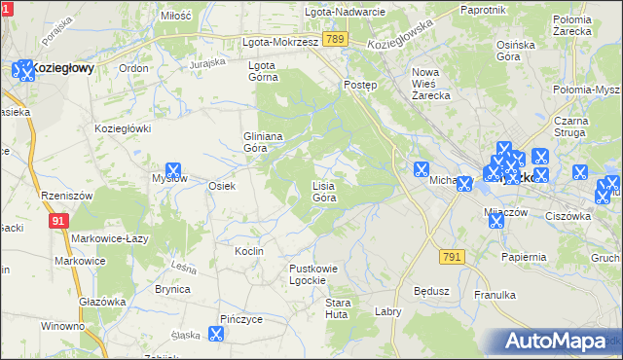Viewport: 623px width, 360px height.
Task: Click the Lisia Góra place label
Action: (x=324, y=191)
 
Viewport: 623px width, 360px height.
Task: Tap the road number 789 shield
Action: (x=336, y=39)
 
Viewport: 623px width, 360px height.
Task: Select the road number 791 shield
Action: (x=451, y=256)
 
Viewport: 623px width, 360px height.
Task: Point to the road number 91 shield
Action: (x=58, y=221)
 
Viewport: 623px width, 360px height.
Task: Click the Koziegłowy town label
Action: (x=62, y=68)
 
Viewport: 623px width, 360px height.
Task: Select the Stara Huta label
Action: (x=337, y=308)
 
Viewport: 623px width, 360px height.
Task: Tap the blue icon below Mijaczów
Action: (x=495, y=221)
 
